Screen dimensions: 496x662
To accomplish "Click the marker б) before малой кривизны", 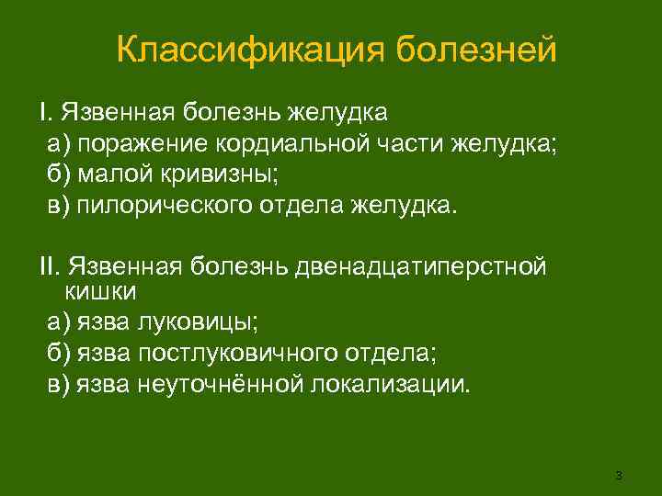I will [x=60, y=173].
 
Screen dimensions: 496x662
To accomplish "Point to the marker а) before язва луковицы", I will [x=60, y=322].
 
